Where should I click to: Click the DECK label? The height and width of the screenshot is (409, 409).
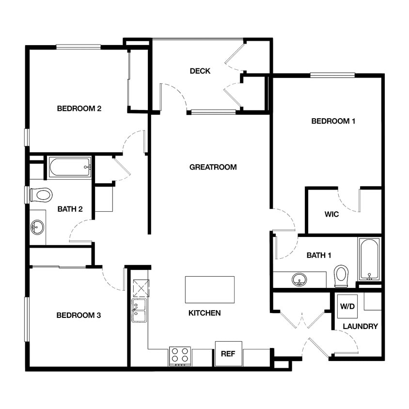tap(200, 71)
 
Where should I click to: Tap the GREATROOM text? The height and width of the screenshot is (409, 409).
tap(213, 167)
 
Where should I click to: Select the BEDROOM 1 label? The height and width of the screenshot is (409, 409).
tap(333, 121)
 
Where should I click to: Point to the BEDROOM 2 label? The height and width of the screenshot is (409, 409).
tap(79, 109)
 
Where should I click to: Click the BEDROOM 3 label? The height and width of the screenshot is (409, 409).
tap(79, 315)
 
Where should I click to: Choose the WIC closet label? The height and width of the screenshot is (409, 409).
tap(331, 214)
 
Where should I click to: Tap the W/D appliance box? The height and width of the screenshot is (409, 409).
tap(347, 306)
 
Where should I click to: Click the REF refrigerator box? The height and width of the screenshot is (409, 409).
tap(228, 354)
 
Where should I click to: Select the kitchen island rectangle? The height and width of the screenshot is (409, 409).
tap(209, 290)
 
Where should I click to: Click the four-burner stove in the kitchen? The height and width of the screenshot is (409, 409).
tap(179, 356)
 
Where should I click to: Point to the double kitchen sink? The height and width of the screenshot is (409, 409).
tap(139, 311)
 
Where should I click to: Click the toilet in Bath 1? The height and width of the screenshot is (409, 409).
tap(342, 276)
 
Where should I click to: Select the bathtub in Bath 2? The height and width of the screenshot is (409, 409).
tap(70, 167)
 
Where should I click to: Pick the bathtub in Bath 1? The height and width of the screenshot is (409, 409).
tap(369, 259)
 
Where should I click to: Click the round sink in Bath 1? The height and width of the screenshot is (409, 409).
tap(299, 280)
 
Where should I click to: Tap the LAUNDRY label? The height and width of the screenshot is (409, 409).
tap(360, 327)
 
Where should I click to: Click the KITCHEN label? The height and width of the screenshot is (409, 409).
tap(204, 314)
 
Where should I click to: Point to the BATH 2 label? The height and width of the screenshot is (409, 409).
tap(70, 210)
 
